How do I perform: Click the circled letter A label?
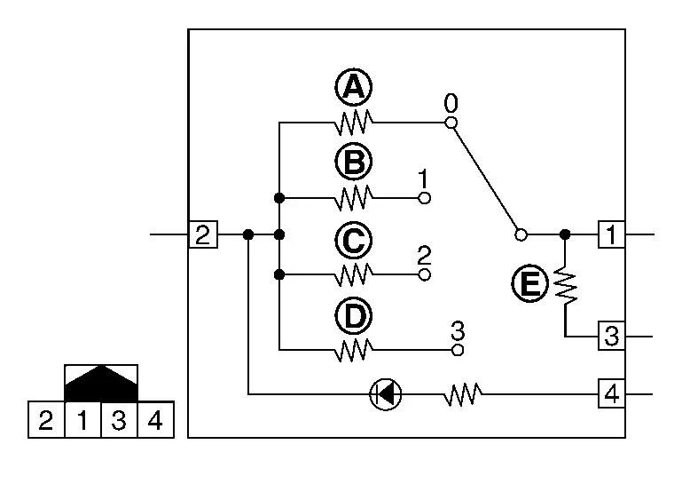tap(354, 87)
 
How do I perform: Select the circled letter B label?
tap(354, 162)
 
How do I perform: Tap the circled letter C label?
tap(354, 241)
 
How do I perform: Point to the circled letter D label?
tap(354, 316)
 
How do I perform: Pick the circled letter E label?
tap(529, 283)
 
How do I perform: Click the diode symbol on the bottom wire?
tap(386, 394)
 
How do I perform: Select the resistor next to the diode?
tap(463, 394)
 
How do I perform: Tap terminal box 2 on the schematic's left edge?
tap(203, 234)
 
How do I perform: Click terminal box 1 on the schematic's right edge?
tap(612, 234)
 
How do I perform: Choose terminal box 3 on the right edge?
tap(612, 336)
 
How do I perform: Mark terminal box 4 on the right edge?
tap(612, 393)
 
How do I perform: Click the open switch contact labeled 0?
tap(451, 123)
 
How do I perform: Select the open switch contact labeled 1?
tap(425, 198)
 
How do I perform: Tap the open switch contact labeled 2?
tap(425, 274)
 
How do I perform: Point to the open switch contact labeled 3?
tap(458, 350)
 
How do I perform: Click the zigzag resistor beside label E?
tap(566, 286)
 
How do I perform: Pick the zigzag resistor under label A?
tap(354, 123)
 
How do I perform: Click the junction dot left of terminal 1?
tap(565, 234)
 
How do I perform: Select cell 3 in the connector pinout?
tap(119, 420)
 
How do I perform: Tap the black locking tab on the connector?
tap(101, 384)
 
